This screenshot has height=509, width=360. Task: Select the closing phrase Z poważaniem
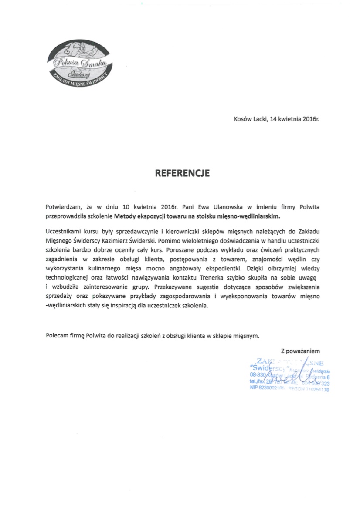coord(300,350)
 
